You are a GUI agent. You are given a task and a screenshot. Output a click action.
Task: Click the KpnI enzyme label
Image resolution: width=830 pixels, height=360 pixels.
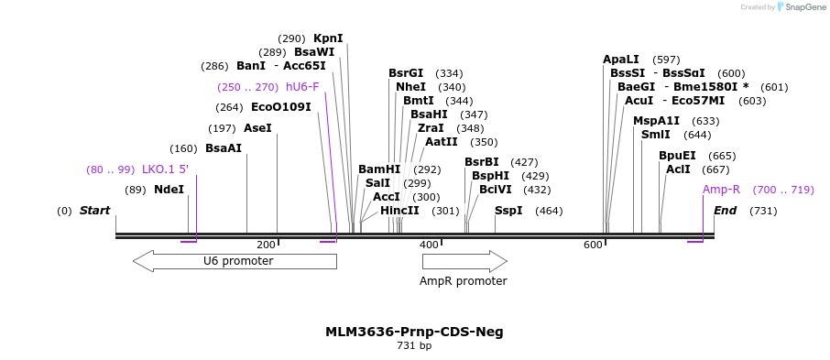click(x=328, y=38)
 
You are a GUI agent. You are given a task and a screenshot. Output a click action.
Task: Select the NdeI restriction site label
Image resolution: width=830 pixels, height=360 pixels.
click(x=169, y=189)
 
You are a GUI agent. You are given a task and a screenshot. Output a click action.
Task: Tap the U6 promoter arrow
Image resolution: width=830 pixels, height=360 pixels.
click(x=235, y=262)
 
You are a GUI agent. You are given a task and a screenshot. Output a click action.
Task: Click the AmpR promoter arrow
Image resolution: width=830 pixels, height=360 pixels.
click(x=464, y=262)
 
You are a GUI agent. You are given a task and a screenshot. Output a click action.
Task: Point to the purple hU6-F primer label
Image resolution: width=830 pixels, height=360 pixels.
click(x=302, y=86)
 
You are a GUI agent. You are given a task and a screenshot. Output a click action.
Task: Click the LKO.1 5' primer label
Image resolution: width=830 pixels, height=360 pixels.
click(x=165, y=169)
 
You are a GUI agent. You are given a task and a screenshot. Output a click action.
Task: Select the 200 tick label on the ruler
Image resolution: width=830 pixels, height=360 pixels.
click(x=266, y=245)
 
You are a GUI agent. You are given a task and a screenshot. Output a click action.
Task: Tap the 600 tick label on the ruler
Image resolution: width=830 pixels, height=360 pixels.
click(x=594, y=245)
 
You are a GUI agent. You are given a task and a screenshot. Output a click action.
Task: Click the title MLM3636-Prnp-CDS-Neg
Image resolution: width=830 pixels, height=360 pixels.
click(x=414, y=332)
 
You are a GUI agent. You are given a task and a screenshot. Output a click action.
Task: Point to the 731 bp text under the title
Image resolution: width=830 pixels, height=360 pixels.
click(x=414, y=345)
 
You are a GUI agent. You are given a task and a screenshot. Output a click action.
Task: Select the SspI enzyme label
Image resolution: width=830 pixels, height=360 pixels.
click(x=508, y=211)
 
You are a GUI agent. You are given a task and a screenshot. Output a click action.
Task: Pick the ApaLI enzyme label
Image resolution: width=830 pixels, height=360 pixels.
click(x=621, y=60)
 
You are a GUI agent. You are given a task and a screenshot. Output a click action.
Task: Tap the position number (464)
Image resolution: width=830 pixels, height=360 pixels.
click(x=549, y=212)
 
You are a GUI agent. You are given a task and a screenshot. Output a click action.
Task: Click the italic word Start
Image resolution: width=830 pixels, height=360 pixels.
click(x=94, y=211)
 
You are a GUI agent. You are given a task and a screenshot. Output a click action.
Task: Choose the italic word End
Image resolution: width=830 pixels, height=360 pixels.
click(x=726, y=211)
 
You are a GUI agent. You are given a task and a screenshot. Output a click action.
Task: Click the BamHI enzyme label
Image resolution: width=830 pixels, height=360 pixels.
click(x=379, y=169)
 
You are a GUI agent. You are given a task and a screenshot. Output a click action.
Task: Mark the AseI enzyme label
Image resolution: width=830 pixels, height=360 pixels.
click(x=257, y=128)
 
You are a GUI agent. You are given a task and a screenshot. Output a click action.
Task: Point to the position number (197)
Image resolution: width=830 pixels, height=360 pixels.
click(x=223, y=128)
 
